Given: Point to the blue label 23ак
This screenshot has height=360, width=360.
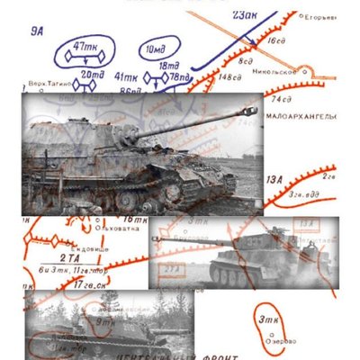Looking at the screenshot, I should [244, 15].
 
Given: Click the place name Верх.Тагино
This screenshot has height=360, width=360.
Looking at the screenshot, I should [47, 84].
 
